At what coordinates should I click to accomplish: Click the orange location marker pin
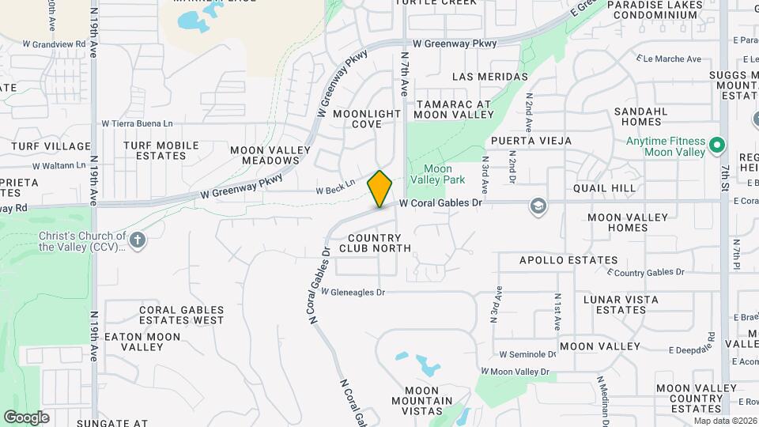point(380,188)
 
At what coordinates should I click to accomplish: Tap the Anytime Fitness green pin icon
point(717,145)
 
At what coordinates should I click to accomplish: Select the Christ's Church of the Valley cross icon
point(138,240)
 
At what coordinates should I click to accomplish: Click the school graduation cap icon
point(538,205)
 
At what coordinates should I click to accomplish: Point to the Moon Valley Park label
point(438,175)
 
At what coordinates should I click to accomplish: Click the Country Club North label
point(376,243)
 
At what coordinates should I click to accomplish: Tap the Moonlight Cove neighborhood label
point(367,119)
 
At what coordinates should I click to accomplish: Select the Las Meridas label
point(490,77)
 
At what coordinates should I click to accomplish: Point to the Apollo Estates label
point(568,260)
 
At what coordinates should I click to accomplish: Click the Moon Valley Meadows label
point(265,155)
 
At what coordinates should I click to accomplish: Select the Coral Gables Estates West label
point(181,315)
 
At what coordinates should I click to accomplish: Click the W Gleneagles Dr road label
point(353,293)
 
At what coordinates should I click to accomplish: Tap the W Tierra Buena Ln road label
point(137,123)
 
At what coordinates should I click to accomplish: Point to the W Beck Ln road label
point(335,191)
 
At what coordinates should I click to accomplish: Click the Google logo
point(26,418)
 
